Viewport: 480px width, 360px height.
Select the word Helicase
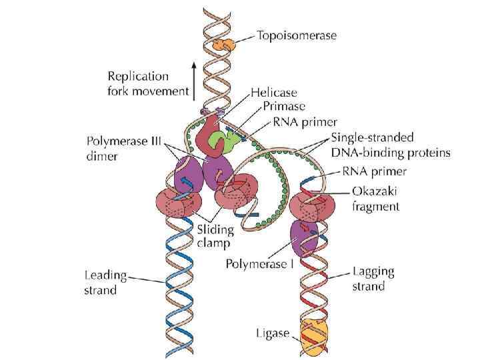click(x=275, y=92)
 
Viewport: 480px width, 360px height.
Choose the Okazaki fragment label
click(x=376, y=199)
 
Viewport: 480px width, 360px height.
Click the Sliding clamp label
click(x=215, y=237)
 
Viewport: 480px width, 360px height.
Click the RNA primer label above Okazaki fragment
click(x=379, y=171)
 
